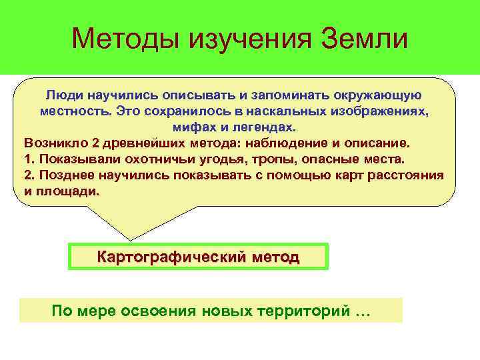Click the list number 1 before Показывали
coord(27,159)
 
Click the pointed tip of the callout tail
coord(130,239)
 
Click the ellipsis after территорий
coord(363,312)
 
